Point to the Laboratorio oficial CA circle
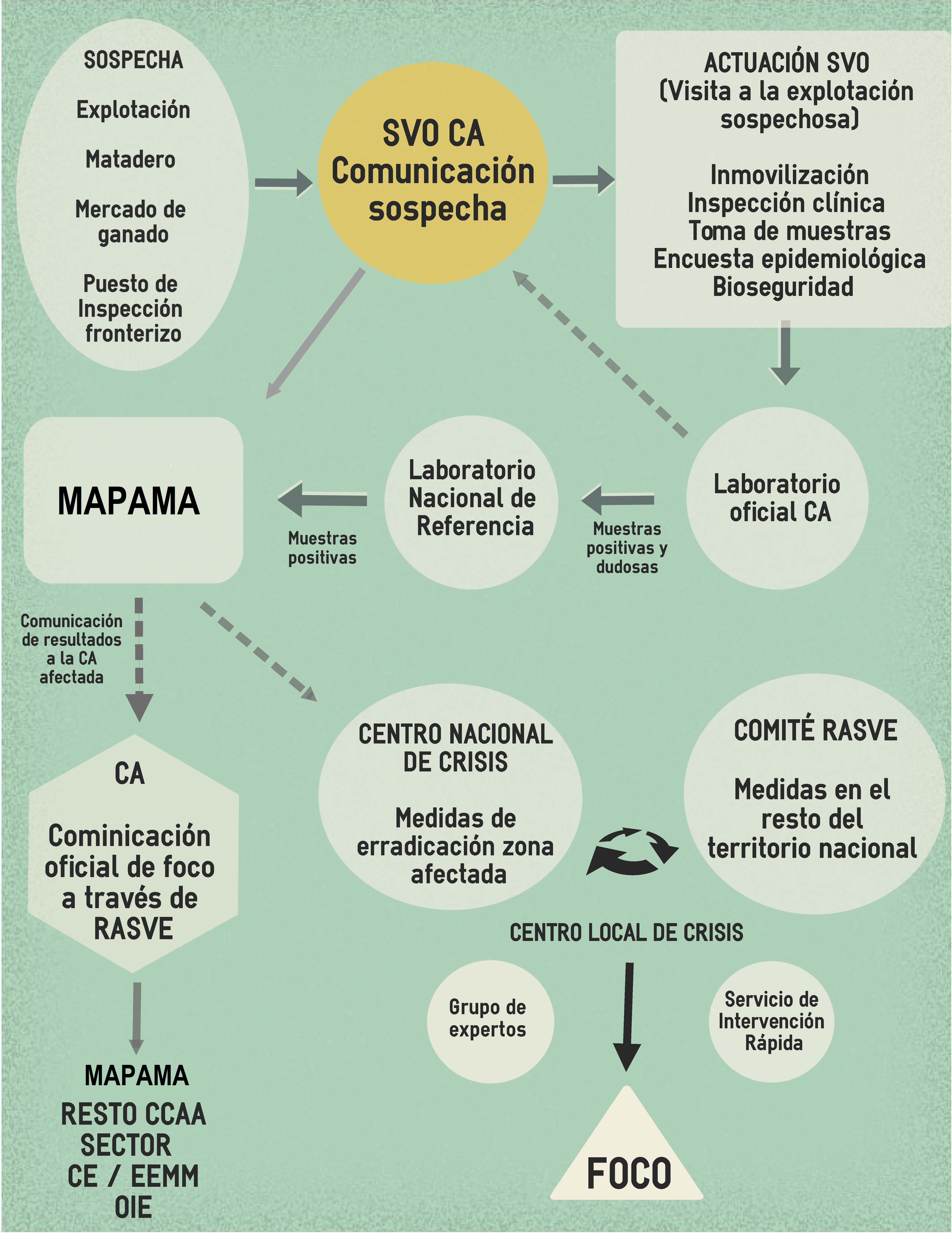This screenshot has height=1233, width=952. point(777,498)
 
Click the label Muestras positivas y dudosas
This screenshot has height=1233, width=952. point(627,548)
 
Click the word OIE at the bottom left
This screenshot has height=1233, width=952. point(133,1207)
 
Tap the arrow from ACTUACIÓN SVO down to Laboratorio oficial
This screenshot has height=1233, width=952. point(785,353)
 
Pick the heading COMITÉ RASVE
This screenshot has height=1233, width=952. point(815,730)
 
